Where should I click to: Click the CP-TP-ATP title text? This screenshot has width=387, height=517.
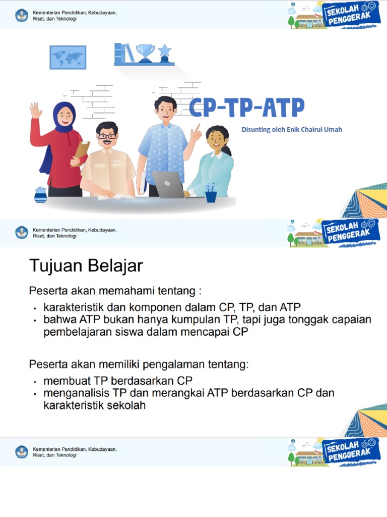pos(247,108)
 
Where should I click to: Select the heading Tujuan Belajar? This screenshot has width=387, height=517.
pos(86,265)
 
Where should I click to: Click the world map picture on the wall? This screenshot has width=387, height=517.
pos(68,57)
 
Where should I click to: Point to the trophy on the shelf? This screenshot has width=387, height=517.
pos(146,53)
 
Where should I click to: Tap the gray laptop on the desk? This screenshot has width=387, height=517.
pos(168,185)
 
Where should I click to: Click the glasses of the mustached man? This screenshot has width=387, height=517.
pos(107,136)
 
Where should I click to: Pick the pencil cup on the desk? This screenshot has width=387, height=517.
pos(211,194)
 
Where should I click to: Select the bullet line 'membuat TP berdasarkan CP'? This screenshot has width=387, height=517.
pos(118,380)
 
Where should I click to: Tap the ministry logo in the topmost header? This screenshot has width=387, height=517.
pos(22,15)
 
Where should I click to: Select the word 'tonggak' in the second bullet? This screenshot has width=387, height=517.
pos(295,320)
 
